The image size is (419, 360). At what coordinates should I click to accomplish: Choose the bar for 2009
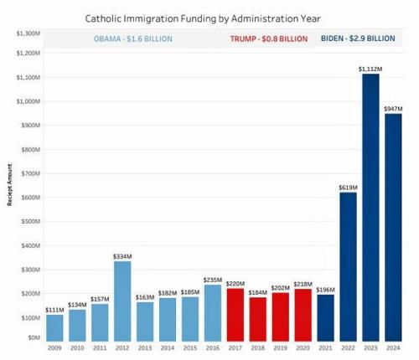(55, 326)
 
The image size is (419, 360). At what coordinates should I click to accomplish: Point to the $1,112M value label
(371, 68)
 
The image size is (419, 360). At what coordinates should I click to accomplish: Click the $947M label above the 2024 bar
(394, 107)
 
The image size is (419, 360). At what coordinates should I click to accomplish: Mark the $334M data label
(123, 255)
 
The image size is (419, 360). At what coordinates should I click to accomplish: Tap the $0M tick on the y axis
(34, 337)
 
